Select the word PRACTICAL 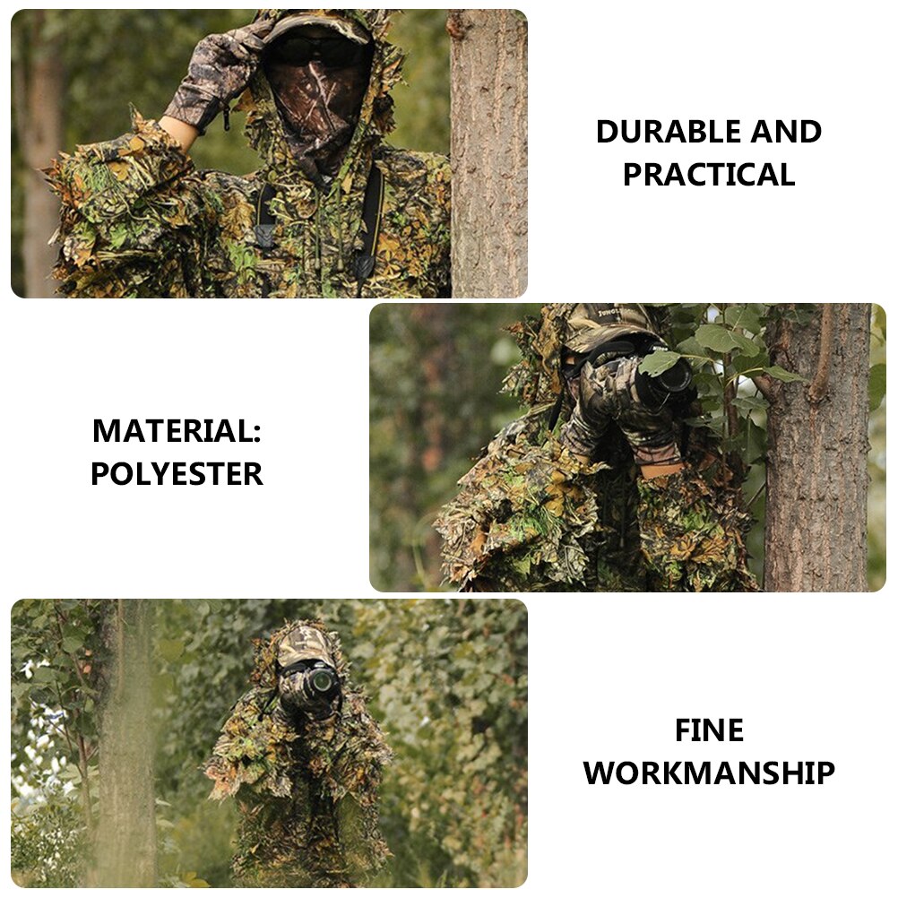coord(709,175)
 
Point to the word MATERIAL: coord(177,431)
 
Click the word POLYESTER coord(177,474)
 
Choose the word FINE coord(709,730)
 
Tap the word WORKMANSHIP coord(709,773)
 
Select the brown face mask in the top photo coord(318,108)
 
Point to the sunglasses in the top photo coord(318,49)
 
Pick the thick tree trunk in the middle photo coord(816,448)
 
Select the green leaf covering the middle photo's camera coord(659,362)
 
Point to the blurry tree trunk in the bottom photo coord(125,744)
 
